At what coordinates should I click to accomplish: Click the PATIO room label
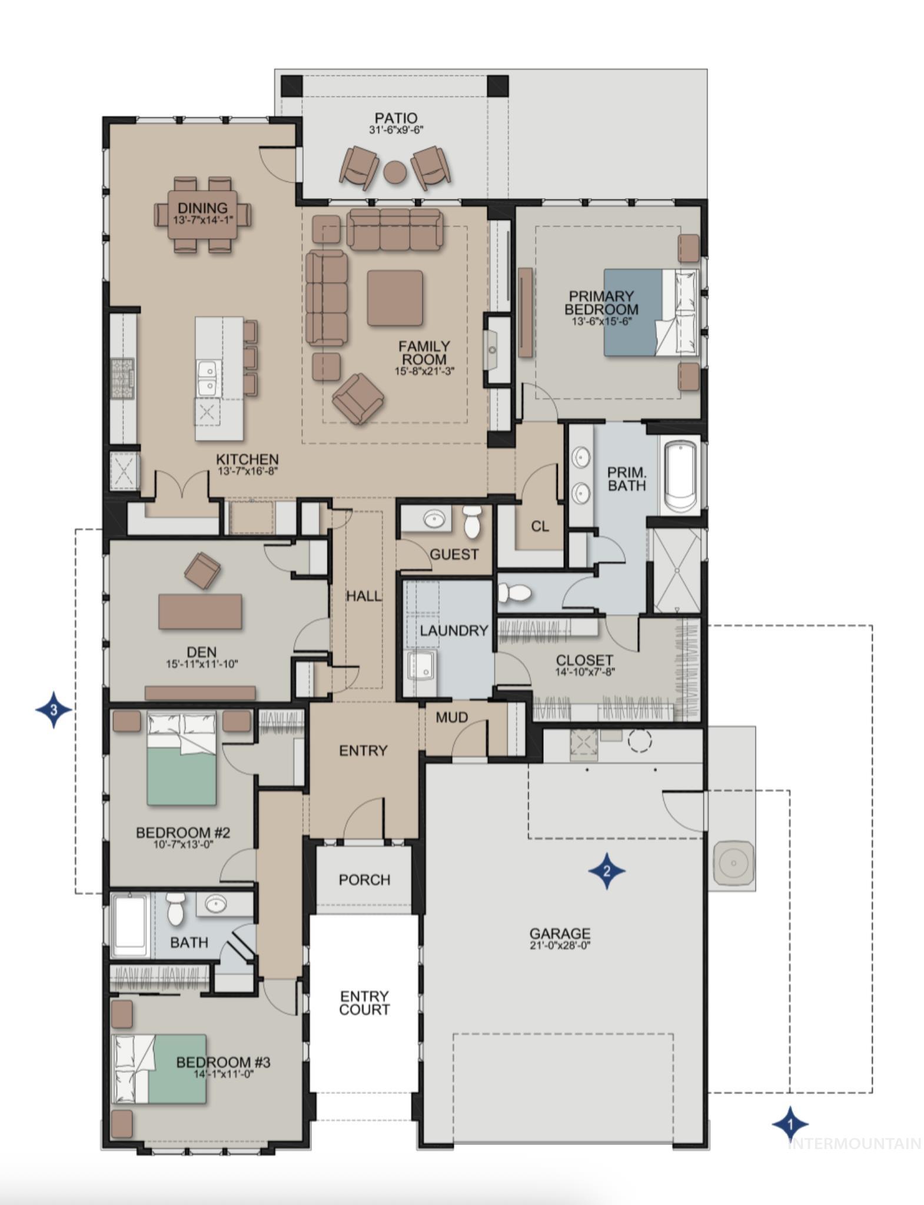point(395,118)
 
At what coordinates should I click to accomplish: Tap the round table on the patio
point(394,172)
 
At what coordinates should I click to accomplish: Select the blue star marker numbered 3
point(54,710)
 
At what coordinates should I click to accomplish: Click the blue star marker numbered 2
point(607,870)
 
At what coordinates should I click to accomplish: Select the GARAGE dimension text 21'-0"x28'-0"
point(559,946)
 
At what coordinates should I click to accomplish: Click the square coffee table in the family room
point(395,298)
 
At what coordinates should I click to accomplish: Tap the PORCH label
point(364,880)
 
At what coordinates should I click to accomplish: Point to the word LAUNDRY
point(454,631)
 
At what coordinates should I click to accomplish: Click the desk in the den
point(200,612)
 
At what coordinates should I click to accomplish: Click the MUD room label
point(452,717)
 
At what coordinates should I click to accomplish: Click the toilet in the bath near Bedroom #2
point(176,909)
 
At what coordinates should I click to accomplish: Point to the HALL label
point(363,596)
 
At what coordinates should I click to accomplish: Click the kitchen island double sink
point(207,379)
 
